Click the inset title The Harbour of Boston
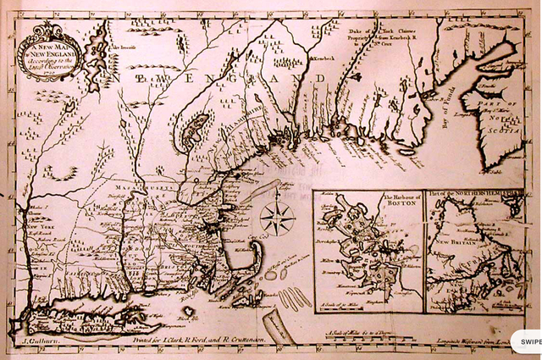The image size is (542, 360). [368, 202]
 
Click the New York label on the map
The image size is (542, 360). [42, 228]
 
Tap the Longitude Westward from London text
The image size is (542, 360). [495, 341]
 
